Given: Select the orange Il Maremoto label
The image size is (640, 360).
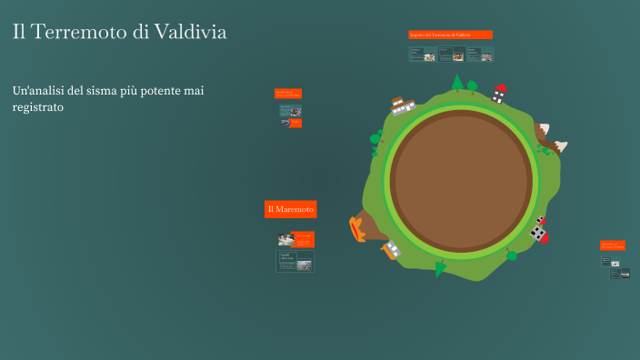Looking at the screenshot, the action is click(290, 210).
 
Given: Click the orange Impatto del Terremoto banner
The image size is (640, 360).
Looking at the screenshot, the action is click(451, 35).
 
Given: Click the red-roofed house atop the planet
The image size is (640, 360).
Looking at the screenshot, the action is click(499, 93).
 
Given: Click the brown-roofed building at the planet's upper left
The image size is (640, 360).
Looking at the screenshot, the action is click(403, 106).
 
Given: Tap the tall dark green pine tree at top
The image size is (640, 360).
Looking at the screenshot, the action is click(458, 83).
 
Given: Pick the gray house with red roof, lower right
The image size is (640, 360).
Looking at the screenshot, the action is click(540, 230).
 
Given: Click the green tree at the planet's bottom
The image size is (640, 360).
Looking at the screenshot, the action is click(441, 267).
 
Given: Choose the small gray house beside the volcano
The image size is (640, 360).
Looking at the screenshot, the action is click(392, 248).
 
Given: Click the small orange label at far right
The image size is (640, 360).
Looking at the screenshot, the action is click(612, 245).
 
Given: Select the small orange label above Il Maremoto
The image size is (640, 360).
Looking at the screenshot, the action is click(287, 94).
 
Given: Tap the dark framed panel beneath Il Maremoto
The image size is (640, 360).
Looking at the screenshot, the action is click(295, 262).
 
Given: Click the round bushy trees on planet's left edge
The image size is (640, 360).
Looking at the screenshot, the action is click(375, 140).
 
